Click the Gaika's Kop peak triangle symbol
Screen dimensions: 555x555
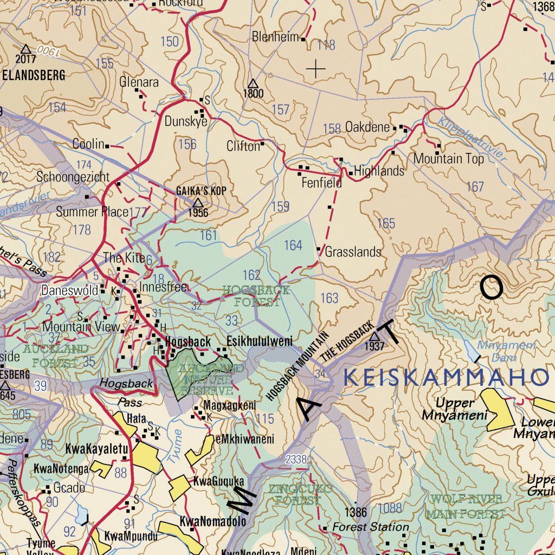tap(198, 203)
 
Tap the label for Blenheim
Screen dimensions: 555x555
tap(275, 37)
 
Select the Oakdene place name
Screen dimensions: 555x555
tap(367, 127)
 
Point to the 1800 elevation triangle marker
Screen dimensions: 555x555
tap(253, 83)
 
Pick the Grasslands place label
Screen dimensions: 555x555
tap(353, 252)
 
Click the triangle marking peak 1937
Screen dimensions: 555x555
tap(375, 337)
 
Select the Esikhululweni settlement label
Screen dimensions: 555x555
tap(259, 341)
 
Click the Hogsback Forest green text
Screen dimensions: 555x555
tap(256, 296)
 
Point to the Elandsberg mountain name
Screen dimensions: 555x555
tap(34, 75)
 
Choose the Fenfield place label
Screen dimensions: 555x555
tap(322, 183)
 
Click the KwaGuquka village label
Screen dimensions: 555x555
tap(218, 481)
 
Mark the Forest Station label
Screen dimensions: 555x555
tap(370, 527)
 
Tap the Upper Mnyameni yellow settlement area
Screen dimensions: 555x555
tap(497, 410)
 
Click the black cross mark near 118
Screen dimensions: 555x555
tap(316, 69)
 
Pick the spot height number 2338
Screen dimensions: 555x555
tap(296, 460)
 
